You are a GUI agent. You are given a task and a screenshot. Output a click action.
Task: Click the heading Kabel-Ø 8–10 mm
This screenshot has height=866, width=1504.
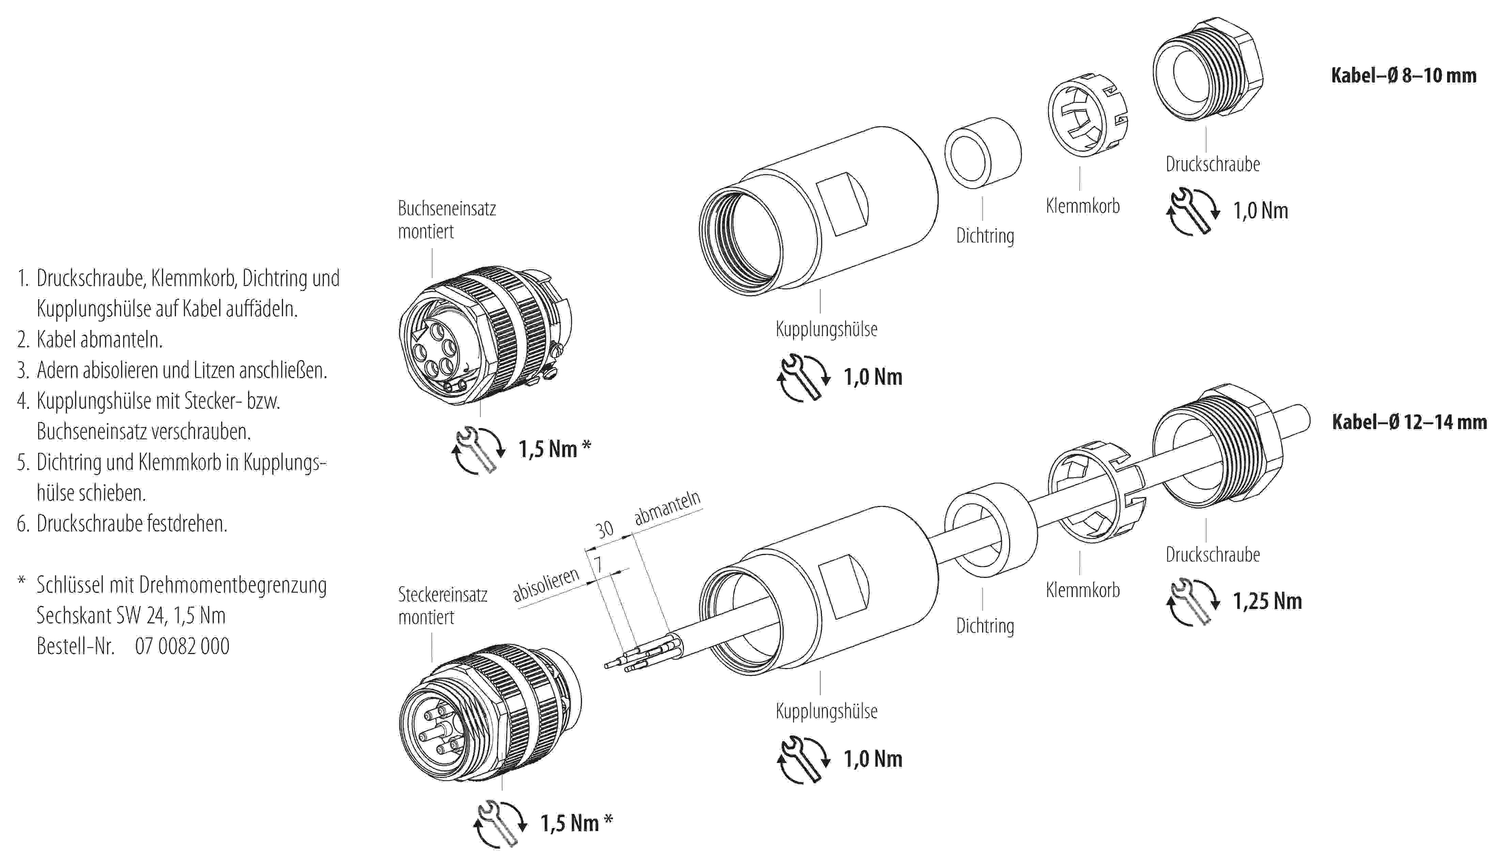1403,76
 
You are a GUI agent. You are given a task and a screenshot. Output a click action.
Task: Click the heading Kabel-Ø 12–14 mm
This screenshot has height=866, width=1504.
1409,422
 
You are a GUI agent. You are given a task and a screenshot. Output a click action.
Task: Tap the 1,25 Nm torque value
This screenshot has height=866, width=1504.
1267,601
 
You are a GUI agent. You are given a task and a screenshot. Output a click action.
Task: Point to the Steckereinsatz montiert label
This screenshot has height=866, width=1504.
442,606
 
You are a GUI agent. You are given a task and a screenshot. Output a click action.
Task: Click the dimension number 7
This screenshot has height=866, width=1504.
598,564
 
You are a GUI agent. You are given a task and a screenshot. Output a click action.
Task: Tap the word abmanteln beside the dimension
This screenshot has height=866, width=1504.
667,508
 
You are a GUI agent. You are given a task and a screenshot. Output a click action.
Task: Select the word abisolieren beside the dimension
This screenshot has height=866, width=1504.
546,585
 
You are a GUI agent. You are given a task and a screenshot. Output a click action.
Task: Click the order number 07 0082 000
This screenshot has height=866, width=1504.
182,646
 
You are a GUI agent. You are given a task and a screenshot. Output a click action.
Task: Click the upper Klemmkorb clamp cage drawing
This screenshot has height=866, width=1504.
1087,116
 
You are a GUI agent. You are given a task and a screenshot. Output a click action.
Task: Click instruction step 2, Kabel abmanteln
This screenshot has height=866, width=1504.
99,340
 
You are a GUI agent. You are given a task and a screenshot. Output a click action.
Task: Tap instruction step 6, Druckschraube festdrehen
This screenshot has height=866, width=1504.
131,523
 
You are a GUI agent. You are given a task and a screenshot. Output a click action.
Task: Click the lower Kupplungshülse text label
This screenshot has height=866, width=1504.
826,711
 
